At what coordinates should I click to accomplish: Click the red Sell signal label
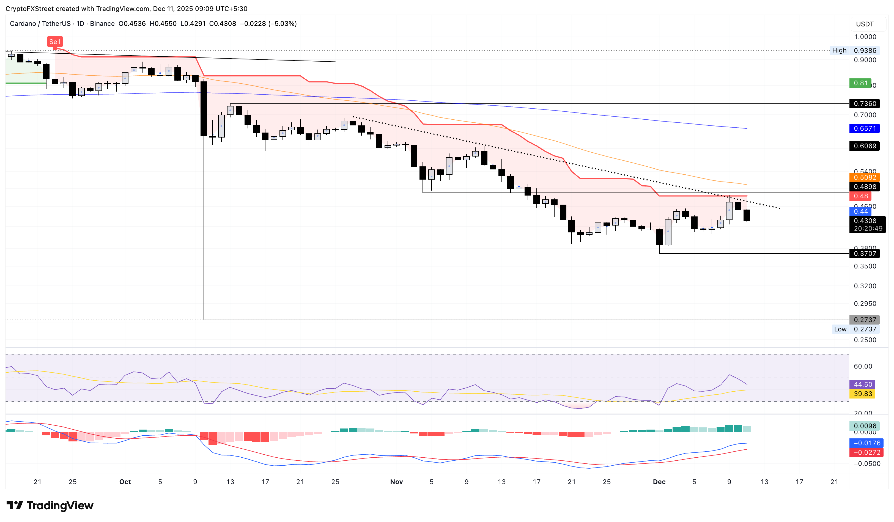(x=55, y=42)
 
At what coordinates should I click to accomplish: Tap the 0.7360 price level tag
(x=864, y=104)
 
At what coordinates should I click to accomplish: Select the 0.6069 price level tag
(x=864, y=146)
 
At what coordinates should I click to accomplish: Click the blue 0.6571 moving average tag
(x=864, y=128)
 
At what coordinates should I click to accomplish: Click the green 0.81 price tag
(x=860, y=83)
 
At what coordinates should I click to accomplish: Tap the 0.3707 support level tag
(x=864, y=253)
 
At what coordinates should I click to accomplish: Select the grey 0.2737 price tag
(x=864, y=320)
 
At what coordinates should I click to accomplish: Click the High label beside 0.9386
(x=839, y=50)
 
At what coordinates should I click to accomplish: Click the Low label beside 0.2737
(x=840, y=329)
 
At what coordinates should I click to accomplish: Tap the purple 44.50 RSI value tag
(x=862, y=384)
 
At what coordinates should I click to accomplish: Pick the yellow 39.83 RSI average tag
(x=862, y=394)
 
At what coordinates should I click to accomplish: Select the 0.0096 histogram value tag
(x=864, y=426)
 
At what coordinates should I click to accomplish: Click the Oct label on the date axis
(x=125, y=482)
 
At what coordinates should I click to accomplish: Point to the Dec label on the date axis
(x=659, y=482)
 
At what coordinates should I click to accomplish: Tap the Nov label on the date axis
(x=396, y=482)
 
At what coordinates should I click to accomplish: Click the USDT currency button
(x=865, y=24)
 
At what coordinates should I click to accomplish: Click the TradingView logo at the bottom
(x=50, y=505)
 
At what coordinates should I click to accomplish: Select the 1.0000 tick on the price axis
(x=865, y=37)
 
